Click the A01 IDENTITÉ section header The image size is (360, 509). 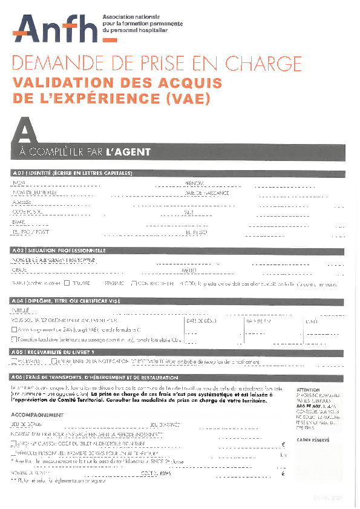(x=72, y=174)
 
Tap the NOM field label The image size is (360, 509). (x=18, y=183)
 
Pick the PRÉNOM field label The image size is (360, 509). (x=194, y=183)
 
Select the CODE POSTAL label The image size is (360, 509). (x=27, y=212)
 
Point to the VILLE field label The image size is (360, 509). (x=189, y=212)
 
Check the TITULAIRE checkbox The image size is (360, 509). (x=67, y=283)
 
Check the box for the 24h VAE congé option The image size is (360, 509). (x=15, y=330)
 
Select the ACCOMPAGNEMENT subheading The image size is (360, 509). (x=38, y=415)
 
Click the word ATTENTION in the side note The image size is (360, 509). (x=308, y=390)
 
